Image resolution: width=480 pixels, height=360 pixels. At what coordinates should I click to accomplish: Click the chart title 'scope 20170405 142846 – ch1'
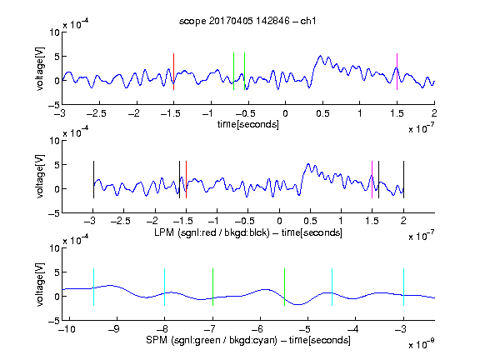click(x=247, y=21)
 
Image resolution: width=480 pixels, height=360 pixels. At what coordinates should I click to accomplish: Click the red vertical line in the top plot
click(x=173, y=72)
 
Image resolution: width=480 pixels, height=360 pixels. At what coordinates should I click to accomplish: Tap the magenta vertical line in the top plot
click(x=397, y=72)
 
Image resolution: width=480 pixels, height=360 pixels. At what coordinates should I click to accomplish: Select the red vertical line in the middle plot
click(x=186, y=180)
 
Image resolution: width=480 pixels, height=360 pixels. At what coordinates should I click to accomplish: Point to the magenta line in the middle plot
click(x=372, y=180)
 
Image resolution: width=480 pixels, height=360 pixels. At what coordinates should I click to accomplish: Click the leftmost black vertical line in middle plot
click(x=93, y=180)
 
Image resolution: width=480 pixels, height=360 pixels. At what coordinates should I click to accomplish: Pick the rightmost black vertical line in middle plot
click(x=403, y=180)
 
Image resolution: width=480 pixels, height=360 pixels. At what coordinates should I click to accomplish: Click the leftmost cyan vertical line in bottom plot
click(x=93, y=287)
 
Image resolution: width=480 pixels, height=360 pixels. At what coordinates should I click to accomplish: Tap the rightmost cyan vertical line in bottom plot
click(x=403, y=287)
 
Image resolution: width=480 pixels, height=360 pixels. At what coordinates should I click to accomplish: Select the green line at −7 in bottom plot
click(x=212, y=287)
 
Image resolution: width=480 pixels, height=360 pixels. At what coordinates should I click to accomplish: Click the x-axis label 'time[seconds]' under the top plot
click(x=248, y=124)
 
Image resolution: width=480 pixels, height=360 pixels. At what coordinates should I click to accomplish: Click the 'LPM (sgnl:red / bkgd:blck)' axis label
click(x=212, y=232)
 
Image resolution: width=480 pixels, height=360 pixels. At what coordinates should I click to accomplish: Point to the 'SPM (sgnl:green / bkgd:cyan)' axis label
click(x=212, y=340)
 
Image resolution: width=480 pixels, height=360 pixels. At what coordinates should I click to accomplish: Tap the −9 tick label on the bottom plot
click(x=115, y=329)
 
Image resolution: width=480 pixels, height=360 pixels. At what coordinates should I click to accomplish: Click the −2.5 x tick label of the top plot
click(x=97, y=113)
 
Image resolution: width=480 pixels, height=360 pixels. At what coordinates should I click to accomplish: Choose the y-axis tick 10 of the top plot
click(x=54, y=32)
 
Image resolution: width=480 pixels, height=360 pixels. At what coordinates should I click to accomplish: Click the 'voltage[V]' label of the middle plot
click(x=40, y=177)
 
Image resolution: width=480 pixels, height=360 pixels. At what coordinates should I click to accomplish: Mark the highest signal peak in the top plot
click(x=321, y=56)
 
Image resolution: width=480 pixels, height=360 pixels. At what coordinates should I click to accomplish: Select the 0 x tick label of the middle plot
click(x=279, y=221)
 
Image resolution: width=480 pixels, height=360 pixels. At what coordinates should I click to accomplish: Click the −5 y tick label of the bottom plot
click(x=54, y=321)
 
